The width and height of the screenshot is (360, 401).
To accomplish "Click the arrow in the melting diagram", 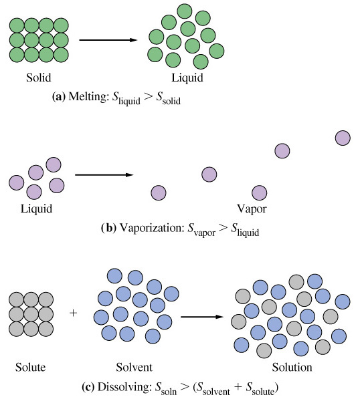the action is pos(108,40).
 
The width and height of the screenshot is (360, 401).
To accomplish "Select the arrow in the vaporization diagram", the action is pos(104,175).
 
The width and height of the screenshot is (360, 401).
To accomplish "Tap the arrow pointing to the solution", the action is pos(202,317).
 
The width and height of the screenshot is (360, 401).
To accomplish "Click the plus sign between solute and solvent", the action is pos(73,313).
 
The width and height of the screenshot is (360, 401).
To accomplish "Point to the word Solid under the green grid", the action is pos(39,78).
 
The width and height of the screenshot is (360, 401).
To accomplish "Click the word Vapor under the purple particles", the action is pos(252,209).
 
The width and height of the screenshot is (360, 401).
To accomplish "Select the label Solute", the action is pos(31,367).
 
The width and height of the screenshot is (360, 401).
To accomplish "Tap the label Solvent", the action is pos(134,367).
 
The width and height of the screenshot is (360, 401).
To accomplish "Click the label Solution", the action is pos(292,367).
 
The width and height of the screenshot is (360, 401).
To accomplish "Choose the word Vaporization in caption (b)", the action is pos(152,228).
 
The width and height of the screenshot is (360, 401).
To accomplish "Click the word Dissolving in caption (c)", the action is pos(124,387).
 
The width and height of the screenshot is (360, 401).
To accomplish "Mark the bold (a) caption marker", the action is pos(59,97).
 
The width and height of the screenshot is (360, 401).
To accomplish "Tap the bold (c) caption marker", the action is pos(88,387).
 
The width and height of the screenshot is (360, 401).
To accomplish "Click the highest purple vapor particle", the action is pos(343,138).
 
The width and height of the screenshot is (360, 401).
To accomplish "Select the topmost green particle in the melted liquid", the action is pos(185,11).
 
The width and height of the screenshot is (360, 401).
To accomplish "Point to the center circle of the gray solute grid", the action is pos(31,314).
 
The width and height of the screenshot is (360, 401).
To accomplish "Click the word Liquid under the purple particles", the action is pos(36,209).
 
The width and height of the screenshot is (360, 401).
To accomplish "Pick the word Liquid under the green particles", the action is pos(187,78).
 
